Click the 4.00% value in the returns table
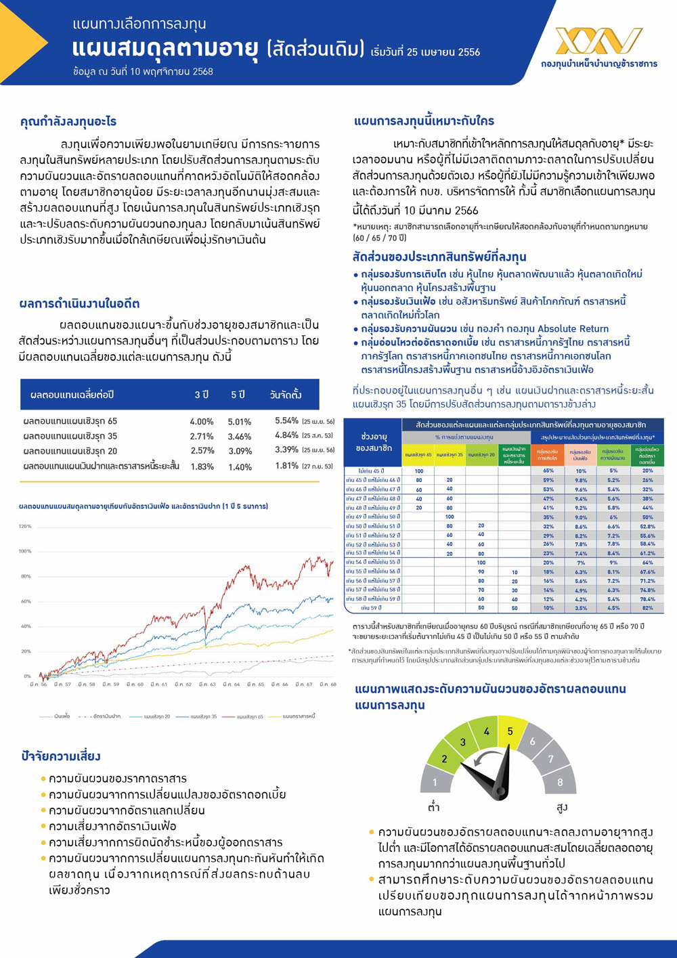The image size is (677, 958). [x=201, y=421]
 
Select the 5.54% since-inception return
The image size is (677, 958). [x=286, y=420]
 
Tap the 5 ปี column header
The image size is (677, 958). [x=238, y=395]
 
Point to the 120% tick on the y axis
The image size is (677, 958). [x=25, y=526]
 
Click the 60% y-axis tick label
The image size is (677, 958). [x=26, y=601]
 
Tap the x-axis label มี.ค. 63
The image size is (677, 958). [x=207, y=684]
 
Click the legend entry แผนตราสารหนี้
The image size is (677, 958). [x=299, y=716]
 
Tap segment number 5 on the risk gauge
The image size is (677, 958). [x=510, y=731]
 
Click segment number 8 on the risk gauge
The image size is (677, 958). [x=560, y=782]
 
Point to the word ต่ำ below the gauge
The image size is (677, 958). [x=434, y=807]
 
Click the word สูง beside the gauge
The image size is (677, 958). [x=562, y=807]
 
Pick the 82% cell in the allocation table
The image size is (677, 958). [x=647, y=608]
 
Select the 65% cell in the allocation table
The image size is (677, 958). [x=548, y=471]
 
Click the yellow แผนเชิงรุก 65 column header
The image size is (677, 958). [x=418, y=455]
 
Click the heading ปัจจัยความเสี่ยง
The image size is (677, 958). [x=61, y=756]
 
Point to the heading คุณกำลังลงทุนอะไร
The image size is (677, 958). [x=68, y=122]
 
